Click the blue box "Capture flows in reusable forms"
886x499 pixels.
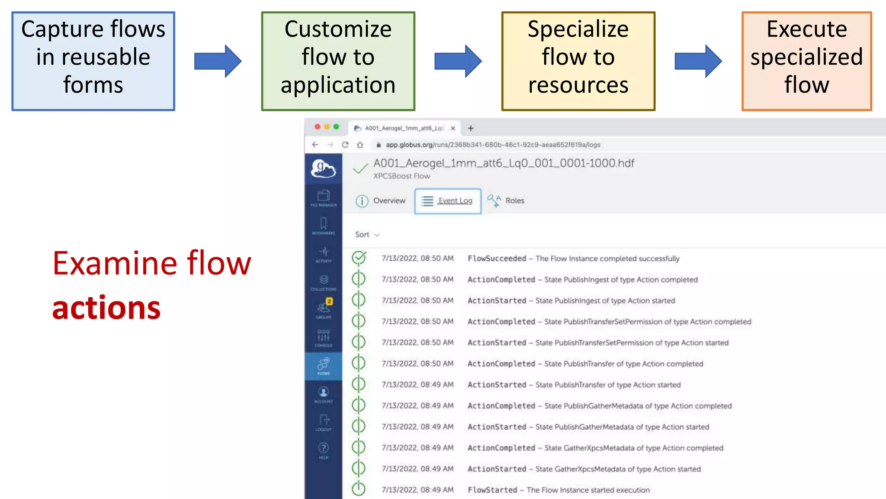(93, 61)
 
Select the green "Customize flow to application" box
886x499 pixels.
(338, 61)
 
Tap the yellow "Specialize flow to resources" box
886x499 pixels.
(578, 61)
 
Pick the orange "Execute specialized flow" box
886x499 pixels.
(806, 61)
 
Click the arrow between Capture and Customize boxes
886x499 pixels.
(218, 61)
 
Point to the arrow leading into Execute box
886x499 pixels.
(698, 61)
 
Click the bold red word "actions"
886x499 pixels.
(106, 308)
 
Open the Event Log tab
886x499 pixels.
(448, 201)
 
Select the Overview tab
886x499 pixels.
(381, 201)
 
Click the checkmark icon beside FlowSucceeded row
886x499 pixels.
(359, 258)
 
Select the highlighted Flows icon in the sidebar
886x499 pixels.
(324, 366)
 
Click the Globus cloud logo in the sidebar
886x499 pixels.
(323, 168)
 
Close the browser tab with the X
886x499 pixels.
(453, 128)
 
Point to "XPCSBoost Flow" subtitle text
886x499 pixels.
(401, 176)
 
